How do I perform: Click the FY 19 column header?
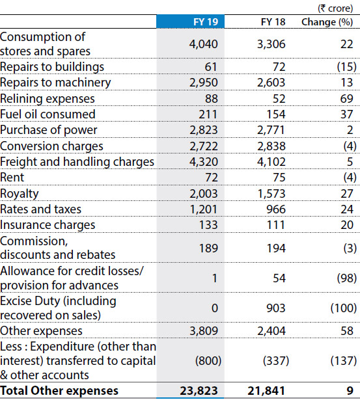(x=206, y=22)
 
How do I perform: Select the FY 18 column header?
(x=273, y=22)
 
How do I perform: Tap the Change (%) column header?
(x=327, y=22)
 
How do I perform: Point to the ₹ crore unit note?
(x=335, y=8)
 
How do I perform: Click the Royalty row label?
(x=20, y=194)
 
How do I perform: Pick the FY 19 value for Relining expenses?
(x=211, y=99)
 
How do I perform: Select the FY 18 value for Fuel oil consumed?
(x=276, y=114)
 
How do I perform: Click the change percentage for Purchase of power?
(x=350, y=130)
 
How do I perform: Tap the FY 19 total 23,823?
(x=199, y=391)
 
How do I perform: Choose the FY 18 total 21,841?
(x=266, y=391)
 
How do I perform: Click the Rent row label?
(x=12, y=178)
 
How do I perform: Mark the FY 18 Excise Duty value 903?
(x=276, y=308)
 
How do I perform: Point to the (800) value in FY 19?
(x=208, y=361)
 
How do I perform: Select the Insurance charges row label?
(x=48, y=225)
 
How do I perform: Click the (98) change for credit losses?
(x=347, y=278)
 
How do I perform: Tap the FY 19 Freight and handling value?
(x=204, y=162)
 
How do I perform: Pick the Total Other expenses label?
(x=59, y=391)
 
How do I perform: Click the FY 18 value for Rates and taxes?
(x=276, y=209)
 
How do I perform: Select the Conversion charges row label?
(x=51, y=146)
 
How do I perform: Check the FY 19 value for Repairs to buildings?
(x=211, y=67)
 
